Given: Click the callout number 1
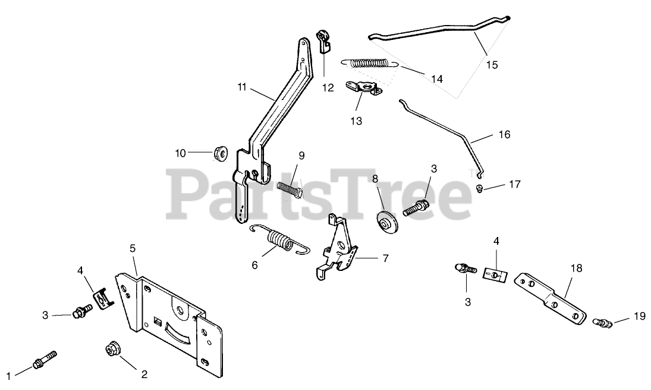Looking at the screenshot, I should [x=8, y=375].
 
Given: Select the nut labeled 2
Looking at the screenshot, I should [x=111, y=348].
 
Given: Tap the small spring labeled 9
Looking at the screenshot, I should [x=293, y=186].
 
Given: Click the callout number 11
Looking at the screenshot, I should [x=241, y=88].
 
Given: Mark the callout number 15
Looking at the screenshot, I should [x=492, y=64].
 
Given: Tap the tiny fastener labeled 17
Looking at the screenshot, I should [x=479, y=189].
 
